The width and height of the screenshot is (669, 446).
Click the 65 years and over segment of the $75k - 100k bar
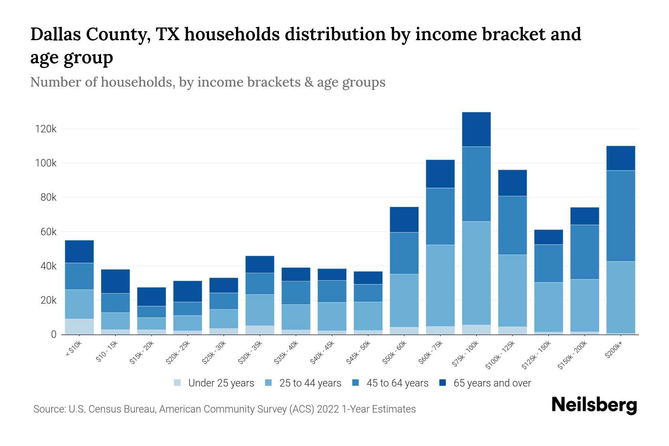click(476, 129)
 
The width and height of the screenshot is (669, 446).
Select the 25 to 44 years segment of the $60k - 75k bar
click(440, 285)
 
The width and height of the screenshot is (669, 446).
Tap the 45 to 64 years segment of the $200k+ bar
click(621, 216)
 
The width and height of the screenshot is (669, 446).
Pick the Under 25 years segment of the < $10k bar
click(79, 327)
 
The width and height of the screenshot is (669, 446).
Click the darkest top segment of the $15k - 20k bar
click(151, 297)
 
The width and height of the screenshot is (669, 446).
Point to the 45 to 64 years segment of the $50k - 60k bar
click(404, 253)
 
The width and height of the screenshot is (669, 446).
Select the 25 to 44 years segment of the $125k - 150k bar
click(549, 307)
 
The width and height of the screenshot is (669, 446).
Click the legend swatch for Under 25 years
click(178, 383)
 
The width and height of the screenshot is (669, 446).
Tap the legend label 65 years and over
click(492, 383)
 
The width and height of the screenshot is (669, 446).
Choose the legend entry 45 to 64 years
click(397, 383)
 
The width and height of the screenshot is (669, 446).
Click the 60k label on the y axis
click(48, 232)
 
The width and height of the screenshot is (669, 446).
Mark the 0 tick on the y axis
click(54, 334)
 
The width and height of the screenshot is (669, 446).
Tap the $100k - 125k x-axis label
click(500, 355)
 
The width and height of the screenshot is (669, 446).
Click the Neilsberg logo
click(594, 405)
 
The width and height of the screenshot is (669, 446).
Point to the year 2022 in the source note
click(329, 409)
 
